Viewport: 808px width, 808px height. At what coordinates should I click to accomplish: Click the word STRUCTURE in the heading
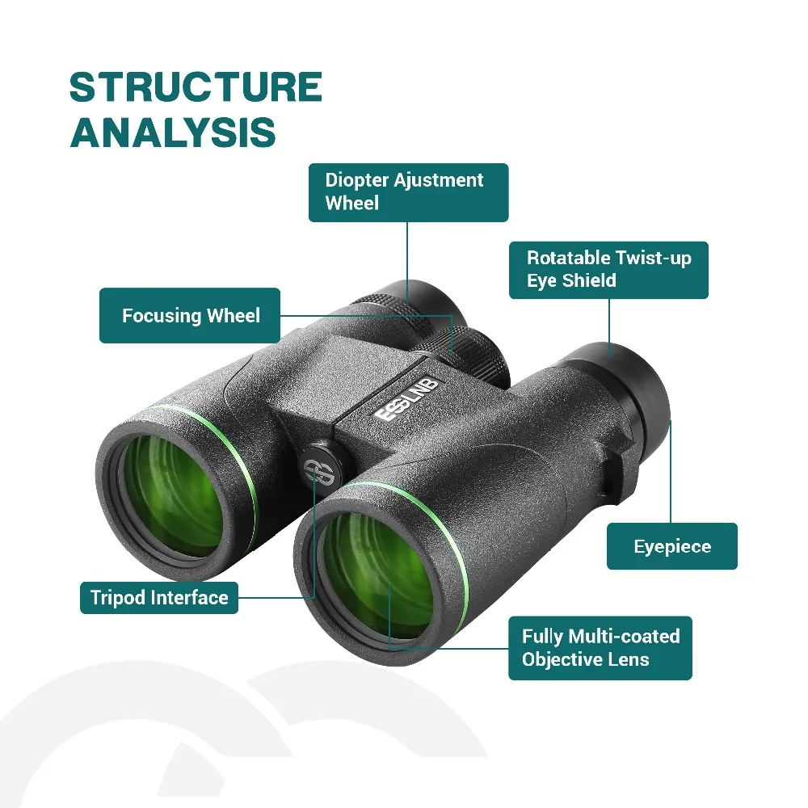click(x=196, y=87)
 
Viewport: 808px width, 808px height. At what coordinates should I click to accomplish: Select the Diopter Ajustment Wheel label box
click(x=408, y=193)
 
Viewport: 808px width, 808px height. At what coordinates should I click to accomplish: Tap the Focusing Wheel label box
click(x=190, y=315)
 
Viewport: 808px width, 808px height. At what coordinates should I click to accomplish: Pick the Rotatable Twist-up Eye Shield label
click(x=608, y=270)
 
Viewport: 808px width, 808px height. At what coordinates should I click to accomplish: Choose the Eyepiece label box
click(x=672, y=546)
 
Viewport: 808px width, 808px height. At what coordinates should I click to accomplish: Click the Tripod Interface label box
click(x=159, y=598)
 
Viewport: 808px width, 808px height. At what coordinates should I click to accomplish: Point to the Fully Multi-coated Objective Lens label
click(x=600, y=648)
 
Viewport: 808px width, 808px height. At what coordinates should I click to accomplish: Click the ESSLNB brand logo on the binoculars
click(x=406, y=400)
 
